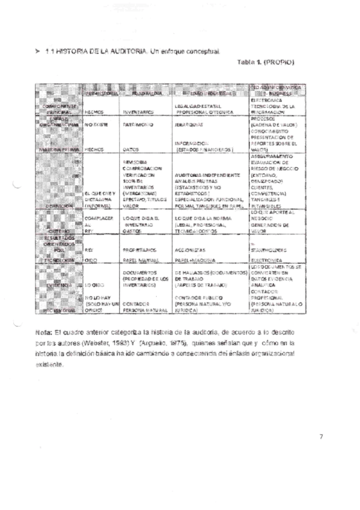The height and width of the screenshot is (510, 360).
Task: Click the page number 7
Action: coord(322,437)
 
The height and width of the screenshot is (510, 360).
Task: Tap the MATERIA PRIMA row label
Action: coord(58,148)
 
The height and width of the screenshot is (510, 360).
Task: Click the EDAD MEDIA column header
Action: coord(144,94)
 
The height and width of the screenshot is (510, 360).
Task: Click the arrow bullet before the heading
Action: coord(38,52)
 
